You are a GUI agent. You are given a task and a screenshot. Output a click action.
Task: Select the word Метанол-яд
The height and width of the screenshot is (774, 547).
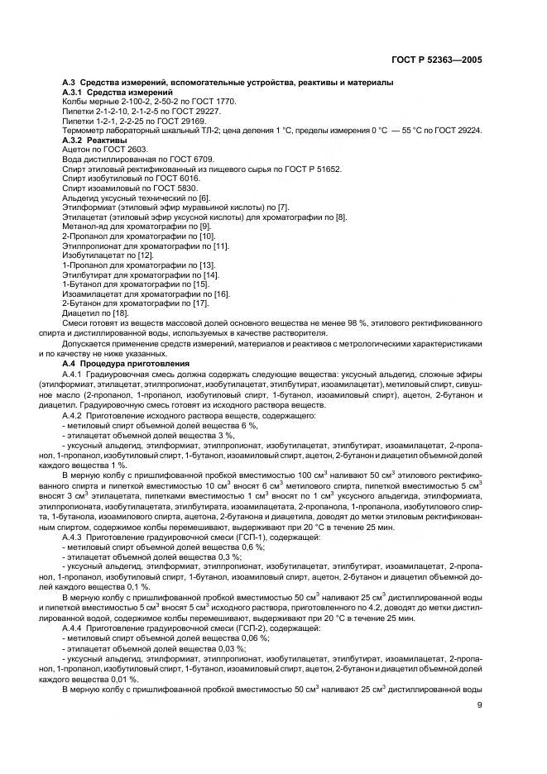(86, 227)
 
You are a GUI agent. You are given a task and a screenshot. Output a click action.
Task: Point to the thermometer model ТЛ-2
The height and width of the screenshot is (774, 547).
(229, 131)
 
